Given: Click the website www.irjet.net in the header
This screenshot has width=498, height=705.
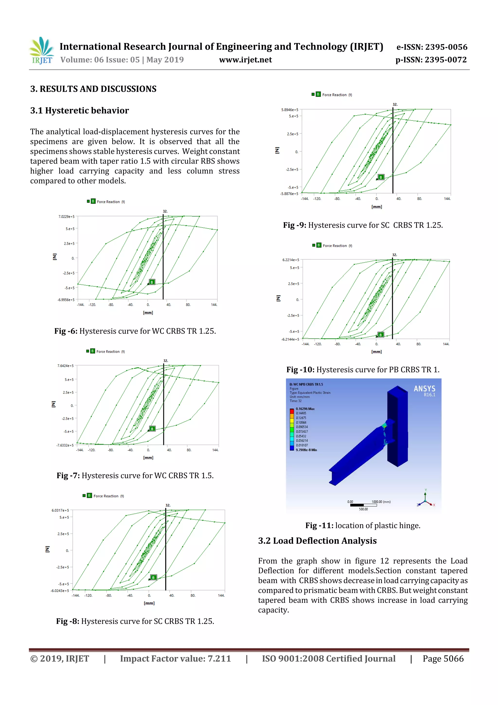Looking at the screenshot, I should pos(245,60).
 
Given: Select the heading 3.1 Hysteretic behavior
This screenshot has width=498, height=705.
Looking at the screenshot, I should pos(80,110).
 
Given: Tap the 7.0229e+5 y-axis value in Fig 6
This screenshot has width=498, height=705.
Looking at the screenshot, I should pos(67,217).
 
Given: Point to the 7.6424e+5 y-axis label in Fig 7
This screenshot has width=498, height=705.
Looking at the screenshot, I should pos(65,366).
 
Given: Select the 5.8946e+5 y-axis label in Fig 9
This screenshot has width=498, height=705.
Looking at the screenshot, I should pos(289,110).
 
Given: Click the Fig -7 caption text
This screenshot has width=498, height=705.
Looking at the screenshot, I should pos(135,476).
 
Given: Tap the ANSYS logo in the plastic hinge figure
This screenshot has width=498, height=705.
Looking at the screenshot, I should pos(424,390).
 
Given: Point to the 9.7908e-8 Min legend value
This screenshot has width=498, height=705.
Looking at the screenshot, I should pos(306,450).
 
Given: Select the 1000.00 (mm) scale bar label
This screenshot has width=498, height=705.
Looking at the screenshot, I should pos(381,502).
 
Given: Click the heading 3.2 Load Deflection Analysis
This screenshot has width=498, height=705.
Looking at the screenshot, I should pos(317,541).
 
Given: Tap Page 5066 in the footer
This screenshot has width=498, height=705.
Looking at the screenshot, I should pos(443,659).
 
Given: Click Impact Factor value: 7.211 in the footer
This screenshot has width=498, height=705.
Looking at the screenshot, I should pos(175,659).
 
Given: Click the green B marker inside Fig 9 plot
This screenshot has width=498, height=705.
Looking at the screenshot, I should pos(381,177).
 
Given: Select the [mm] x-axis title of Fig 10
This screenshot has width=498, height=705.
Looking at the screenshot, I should pos(376,352).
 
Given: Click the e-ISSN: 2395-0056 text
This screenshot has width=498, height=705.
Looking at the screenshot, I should pos(432,47).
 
